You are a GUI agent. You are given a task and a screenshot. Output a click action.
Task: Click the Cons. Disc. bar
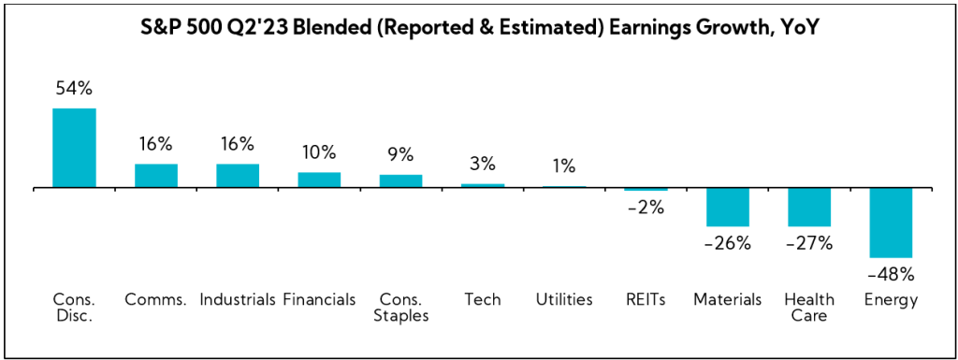click(74, 148)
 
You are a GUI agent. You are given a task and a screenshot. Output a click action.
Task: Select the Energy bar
click(892, 223)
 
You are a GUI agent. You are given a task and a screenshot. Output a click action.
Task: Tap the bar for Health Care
click(809, 207)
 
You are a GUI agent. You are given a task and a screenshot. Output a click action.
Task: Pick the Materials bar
click(728, 207)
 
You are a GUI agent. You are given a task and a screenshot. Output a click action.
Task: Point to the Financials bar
click(319, 180)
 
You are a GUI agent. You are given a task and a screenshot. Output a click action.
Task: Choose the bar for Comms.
click(156, 176)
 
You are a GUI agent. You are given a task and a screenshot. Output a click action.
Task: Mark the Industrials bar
click(238, 176)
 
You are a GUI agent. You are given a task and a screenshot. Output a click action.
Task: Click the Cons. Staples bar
click(400, 181)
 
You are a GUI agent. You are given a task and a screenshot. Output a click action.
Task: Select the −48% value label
click(890, 275)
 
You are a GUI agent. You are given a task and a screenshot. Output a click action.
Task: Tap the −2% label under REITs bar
click(645, 208)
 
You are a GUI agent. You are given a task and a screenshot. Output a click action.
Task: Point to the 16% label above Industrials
click(238, 144)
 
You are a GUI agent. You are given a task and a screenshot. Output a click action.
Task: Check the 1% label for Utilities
click(563, 166)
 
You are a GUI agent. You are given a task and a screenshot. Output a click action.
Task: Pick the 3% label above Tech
click(482, 164)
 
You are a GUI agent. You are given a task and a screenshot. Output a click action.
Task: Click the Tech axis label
click(482, 299)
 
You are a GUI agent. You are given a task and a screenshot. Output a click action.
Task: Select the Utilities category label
click(564, 299)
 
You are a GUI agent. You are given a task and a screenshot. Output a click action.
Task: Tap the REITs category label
click(646, 299)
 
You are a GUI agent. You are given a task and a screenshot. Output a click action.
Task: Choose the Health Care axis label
click(809, 307)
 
